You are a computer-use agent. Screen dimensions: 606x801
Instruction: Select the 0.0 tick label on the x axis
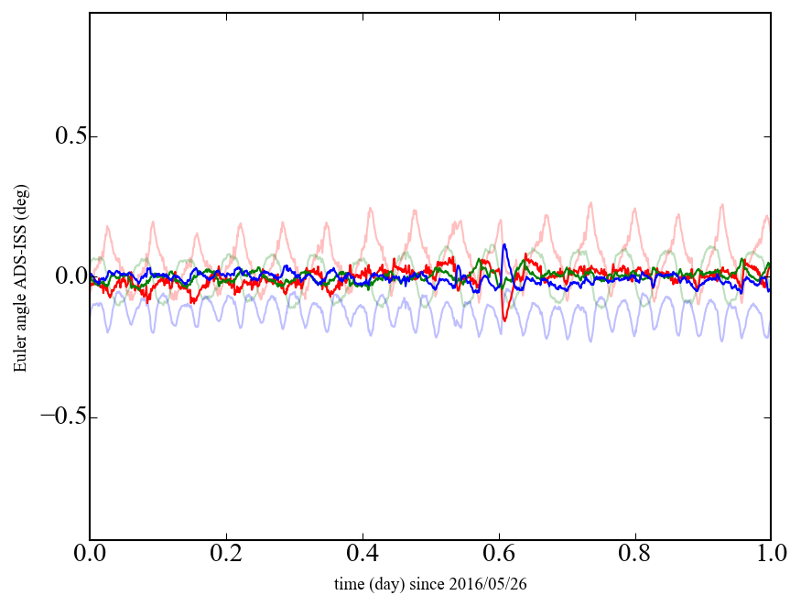click(90, 555)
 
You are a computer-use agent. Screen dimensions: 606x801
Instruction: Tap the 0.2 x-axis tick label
click(226, 555)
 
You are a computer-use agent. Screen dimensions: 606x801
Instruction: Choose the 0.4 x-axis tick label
click(363, 555)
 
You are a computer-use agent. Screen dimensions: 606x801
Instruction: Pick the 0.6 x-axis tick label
click(498, 555)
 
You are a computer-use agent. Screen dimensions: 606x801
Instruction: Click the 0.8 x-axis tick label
click(634, 555)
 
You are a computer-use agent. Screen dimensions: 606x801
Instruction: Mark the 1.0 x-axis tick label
click(770, 555)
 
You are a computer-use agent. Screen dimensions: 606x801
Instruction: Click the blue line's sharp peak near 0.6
click(504, 244)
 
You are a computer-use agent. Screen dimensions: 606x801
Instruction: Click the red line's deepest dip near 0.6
click(505, 319)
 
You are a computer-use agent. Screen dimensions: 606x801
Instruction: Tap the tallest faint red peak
click(591, 203)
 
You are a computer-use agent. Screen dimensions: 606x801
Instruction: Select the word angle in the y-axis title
click(20, 312)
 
